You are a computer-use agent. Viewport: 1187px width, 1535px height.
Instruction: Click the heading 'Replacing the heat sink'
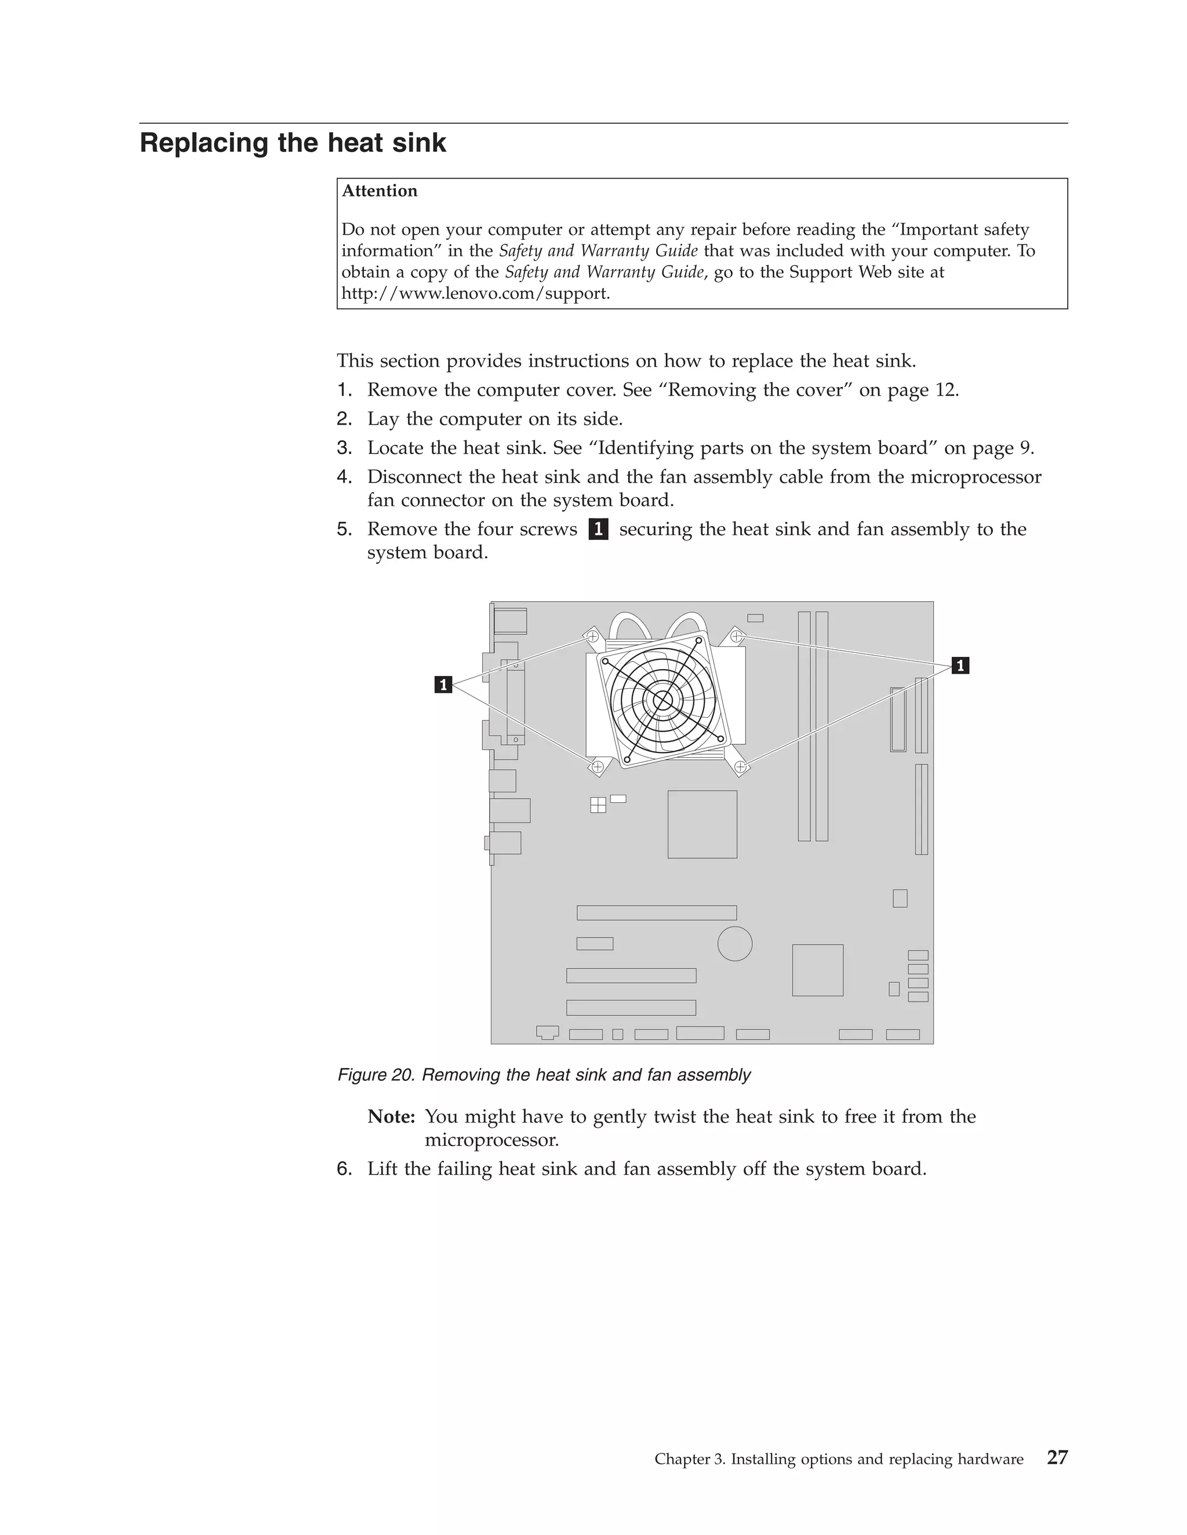tap(293, 142)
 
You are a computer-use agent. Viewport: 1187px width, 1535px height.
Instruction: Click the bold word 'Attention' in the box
tap(379, 191)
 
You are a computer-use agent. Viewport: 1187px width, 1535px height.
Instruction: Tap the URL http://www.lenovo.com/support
tap(475, 294)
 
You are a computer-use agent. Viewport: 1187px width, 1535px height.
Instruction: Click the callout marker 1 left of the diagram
tap(443, 684)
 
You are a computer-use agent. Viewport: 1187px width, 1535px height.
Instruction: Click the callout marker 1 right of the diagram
tap(960, 665)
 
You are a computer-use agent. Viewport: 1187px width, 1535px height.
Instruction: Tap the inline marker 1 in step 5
tap(598, 528)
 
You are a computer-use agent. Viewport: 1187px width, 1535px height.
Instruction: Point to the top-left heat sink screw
tap(592, 636)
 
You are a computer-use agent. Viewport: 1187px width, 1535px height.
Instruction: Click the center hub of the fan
tap(662, 699)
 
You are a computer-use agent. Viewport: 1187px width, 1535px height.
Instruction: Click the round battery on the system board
tap(735, 943)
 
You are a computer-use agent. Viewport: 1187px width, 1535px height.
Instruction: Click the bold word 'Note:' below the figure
tap(391, 1116)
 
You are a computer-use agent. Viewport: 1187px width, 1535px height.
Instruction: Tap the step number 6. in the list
tap(344, 1169)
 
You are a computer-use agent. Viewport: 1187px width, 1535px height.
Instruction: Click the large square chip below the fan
tap(702, 824)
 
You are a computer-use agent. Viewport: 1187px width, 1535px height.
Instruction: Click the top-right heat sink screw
tap(736, 636)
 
